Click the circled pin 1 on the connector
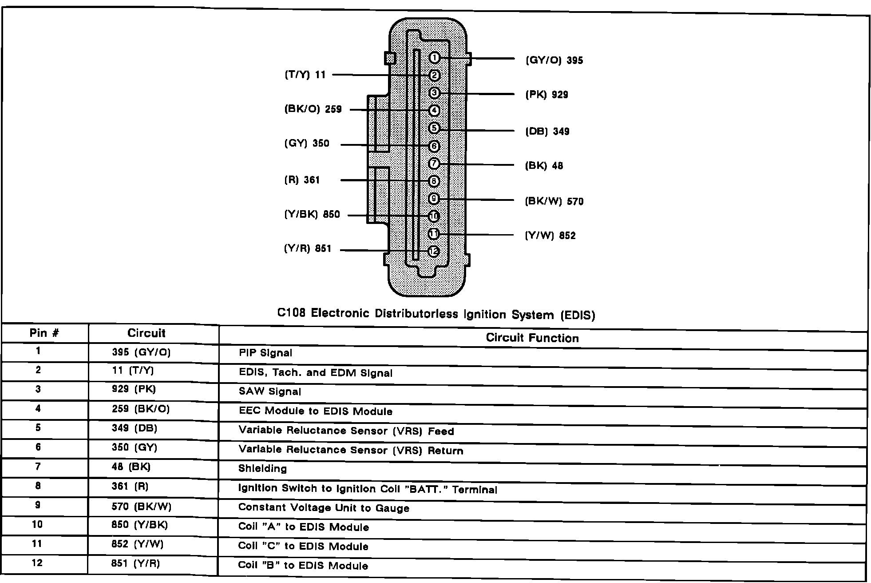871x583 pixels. point(434,58)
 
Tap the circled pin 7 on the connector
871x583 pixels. point(434,164)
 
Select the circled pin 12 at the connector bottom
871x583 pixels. point(434,252)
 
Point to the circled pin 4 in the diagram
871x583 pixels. point(434,111)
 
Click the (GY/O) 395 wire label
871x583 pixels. point(554,60)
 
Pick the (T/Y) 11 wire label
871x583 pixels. point(305,75)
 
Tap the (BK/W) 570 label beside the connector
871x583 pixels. point(554,201)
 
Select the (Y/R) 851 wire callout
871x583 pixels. point(308,248)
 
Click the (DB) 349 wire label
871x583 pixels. point(547,132)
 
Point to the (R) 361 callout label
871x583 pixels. point(302,180)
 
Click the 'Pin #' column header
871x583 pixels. point(44,333)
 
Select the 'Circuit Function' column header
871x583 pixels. point(532,338)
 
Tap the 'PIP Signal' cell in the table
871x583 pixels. point(265,353)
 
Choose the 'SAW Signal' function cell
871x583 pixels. point(270,392)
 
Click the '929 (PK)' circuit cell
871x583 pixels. point(134,389)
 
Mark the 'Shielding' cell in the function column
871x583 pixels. point(262,468)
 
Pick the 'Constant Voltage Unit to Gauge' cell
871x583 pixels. point(324,508)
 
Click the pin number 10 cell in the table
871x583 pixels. point(37,525)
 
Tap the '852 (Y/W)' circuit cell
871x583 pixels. point(137,544)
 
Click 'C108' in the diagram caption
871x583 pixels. point(291,313)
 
